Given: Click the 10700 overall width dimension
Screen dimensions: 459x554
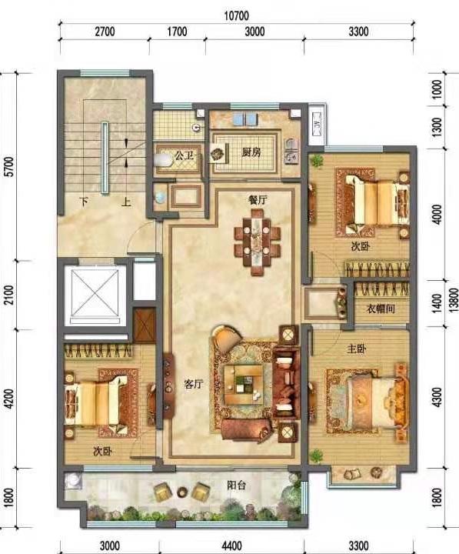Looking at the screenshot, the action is click(236, 16).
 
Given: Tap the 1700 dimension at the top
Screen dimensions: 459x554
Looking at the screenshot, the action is click(177, 32).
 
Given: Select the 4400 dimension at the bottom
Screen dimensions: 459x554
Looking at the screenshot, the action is click(232, 546).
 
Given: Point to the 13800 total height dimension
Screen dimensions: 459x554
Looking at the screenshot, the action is click(454, 299).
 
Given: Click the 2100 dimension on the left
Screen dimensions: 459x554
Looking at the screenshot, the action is click(10, 295).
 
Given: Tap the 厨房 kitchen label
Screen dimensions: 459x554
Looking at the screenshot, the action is click(251, 152).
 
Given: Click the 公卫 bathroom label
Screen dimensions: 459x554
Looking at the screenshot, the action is click(185, 155).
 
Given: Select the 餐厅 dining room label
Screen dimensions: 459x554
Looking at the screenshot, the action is click(258, 200).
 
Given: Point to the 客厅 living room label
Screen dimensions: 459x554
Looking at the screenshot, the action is click(194, 384).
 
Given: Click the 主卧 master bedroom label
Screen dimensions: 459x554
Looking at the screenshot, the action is click(356, 349).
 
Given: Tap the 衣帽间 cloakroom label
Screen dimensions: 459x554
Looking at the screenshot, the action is click(381, 309).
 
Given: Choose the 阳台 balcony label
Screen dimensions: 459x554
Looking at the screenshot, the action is click(236, 485).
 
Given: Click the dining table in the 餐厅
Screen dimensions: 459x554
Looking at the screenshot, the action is click(258, 242).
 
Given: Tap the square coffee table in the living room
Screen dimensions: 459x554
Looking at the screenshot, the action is click(244, 384).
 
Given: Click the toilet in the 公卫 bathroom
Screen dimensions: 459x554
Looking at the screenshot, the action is click(163, 160).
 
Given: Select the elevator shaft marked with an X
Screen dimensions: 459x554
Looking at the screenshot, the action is click(94, 293).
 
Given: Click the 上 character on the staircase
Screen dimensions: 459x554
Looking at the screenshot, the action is click(126, 202).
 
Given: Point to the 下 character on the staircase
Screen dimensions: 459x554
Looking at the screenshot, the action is click(84, 202).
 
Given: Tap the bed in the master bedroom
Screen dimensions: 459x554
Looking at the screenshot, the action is click(377, 402).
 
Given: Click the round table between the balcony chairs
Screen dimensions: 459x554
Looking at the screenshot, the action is click(182, 491).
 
